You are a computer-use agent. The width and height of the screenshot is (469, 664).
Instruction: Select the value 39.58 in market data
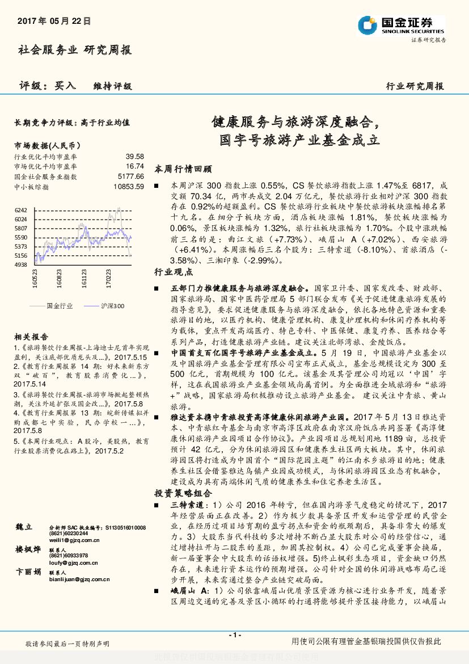[x=135, y=156]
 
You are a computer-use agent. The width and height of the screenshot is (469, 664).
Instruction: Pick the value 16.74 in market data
[x=135, y=166]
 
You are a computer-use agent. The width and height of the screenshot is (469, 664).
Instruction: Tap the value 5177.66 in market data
[x=132, y=176]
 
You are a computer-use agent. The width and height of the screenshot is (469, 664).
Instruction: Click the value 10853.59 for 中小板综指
[x=129, y=186]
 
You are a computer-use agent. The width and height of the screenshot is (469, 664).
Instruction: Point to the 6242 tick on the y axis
[x=20, y=210]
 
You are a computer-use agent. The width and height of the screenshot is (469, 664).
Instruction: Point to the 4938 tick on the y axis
[x=20, y=264]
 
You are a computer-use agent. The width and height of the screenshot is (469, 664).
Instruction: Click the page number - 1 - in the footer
[x=234, y=634]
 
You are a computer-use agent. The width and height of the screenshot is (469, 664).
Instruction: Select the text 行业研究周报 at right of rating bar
[x=415, y=86]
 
